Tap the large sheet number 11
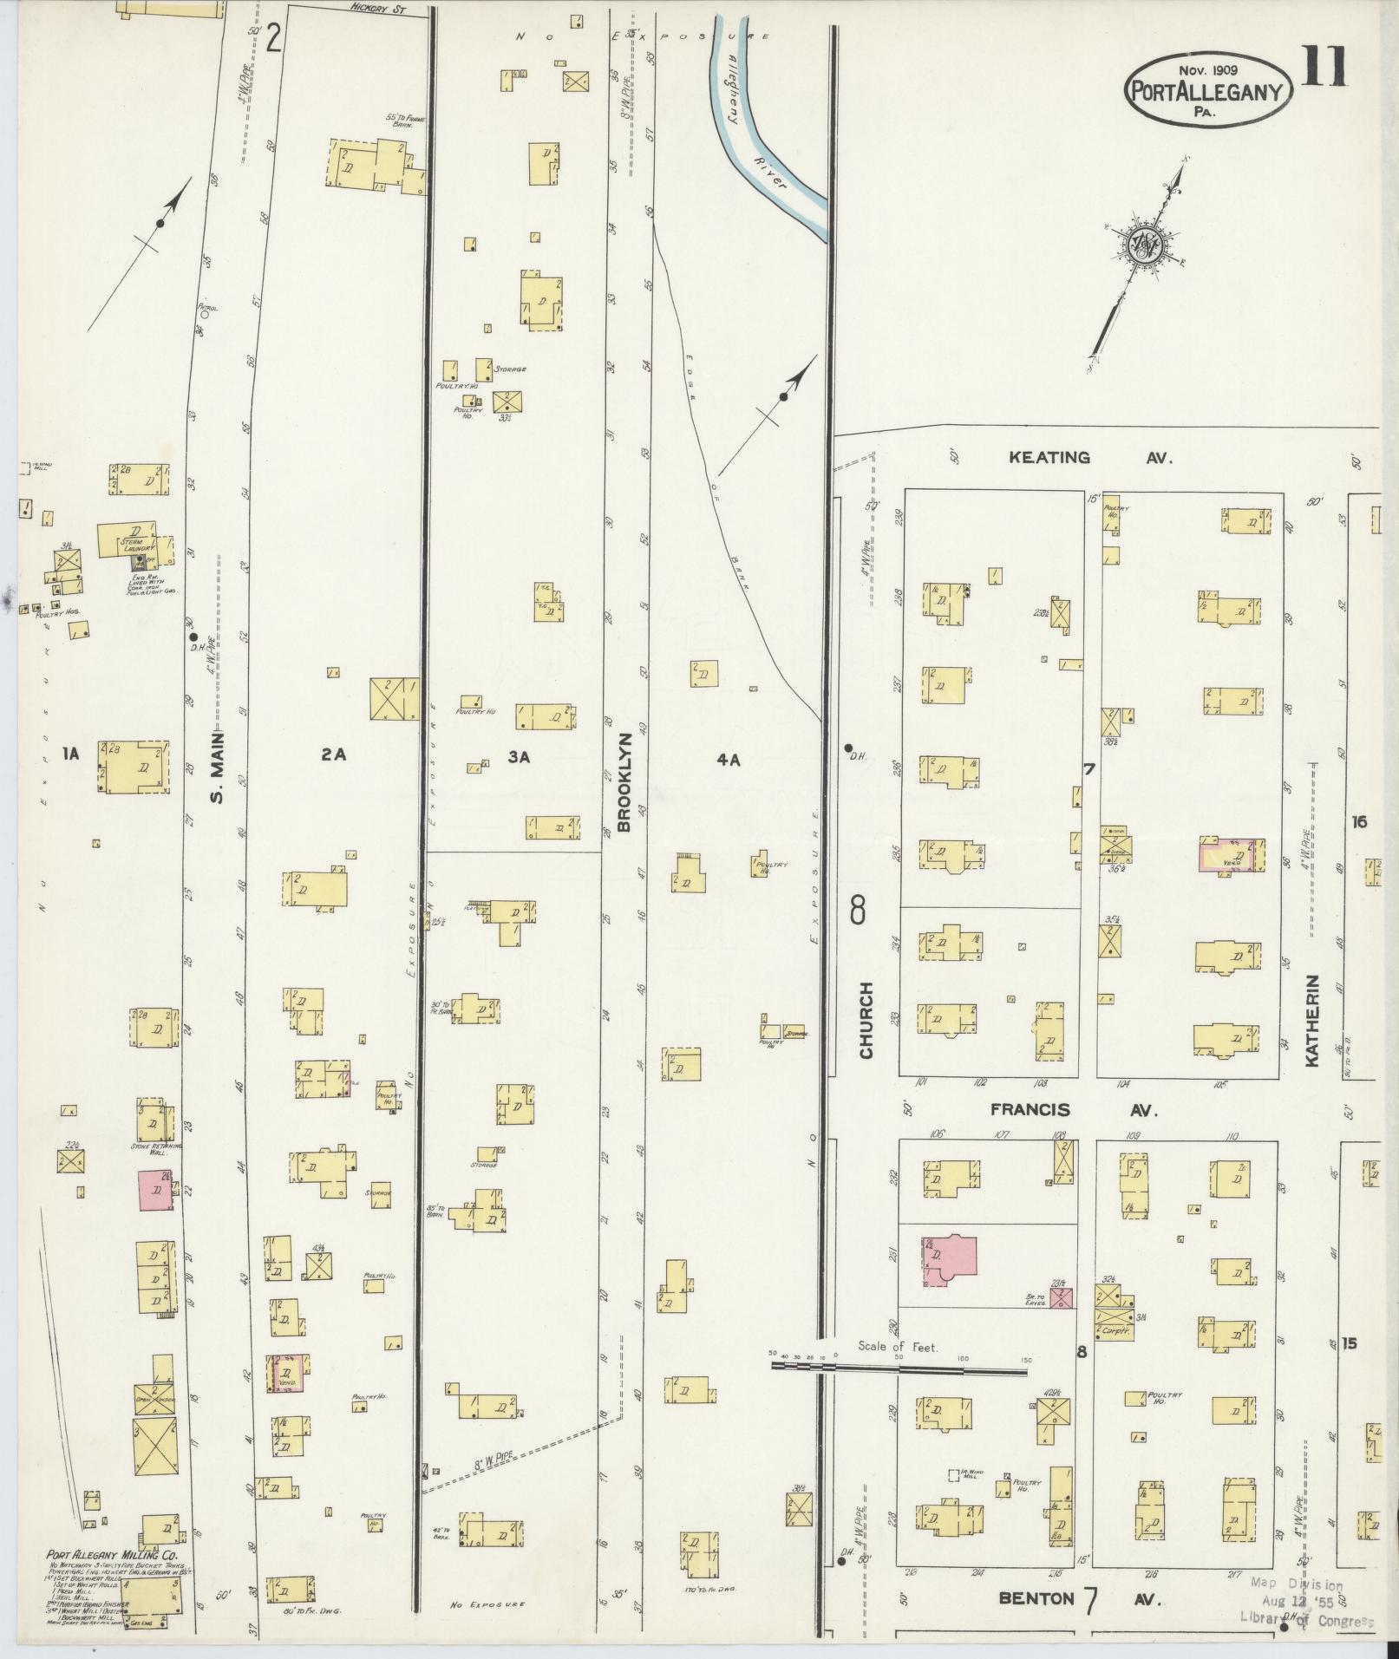tap(1324, 69)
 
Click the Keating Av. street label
tap(1090, 458)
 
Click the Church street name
tap(866, 1020)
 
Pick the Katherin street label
tap(1311, 1019)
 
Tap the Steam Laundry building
tap(127, 540)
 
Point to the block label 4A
tap(728, 759)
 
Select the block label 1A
tap(71, 754)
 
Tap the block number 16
tap(1358, 821)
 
